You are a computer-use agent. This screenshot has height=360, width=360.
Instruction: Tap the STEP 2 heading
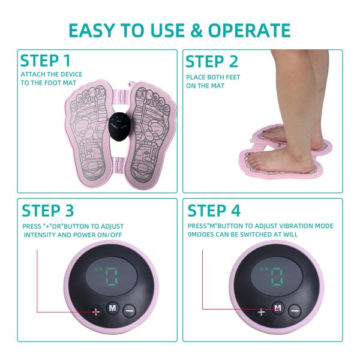click(x=212, y=61)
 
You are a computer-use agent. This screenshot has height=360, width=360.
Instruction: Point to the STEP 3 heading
click(x=48, y=211)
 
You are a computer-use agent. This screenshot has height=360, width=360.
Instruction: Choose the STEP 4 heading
click(x=214, y=211)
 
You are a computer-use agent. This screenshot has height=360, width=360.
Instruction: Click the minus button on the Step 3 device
click(x=130, y=310)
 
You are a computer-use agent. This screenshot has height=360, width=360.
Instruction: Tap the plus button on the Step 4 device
click(x=261, y=312)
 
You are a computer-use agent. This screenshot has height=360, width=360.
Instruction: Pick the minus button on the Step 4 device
click(x=294, y=311)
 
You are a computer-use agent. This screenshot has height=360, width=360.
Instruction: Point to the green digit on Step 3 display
click(x=111, y=277)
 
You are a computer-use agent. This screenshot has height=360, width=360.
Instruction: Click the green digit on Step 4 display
click(x=277, y=277)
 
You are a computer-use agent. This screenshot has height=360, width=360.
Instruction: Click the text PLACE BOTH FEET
click(x=212, y=77)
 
